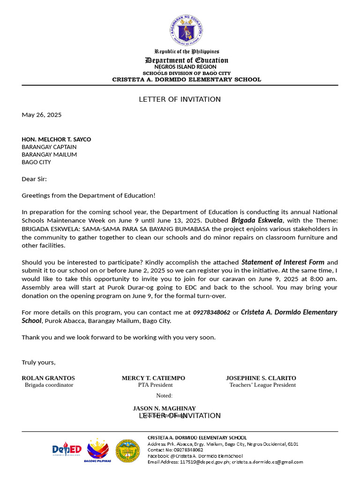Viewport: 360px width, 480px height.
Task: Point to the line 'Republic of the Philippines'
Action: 187,52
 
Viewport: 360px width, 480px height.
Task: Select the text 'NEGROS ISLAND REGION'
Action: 187,67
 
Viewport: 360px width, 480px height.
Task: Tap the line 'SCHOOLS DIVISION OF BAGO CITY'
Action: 187,73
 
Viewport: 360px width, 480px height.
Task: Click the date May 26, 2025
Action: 42,115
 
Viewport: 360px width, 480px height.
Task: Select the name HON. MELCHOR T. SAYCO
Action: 56,139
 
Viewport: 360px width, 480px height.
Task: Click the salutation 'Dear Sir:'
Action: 34,179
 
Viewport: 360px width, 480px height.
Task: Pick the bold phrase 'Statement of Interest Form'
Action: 283,262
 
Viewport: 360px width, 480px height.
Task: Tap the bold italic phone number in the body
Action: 211,312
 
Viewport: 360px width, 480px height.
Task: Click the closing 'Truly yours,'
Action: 38,362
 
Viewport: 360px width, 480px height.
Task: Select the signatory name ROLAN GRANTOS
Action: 48,378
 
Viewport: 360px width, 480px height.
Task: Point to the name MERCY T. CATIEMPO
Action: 153,378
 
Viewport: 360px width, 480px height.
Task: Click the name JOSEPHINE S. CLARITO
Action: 261,378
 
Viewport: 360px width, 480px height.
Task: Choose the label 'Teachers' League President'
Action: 262,385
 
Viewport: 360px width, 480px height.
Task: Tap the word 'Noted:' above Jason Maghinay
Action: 164,396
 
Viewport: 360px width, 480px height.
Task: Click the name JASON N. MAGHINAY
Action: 164,408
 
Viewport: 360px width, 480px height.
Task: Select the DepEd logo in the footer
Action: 67,450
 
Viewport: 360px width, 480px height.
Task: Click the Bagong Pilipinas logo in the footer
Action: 98,450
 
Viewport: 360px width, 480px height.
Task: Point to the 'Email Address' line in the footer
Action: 225,462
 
